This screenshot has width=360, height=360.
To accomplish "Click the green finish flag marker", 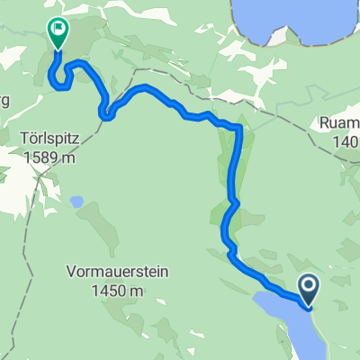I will pos(58,32).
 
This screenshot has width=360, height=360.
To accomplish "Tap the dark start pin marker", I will pos(309,289).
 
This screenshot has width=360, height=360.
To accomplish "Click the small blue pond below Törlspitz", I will pos(77,202).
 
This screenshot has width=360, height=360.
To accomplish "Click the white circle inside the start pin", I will pos(309,285).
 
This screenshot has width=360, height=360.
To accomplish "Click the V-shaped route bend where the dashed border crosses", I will pos(105,113).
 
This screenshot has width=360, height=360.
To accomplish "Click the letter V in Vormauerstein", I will pos(70,270).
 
